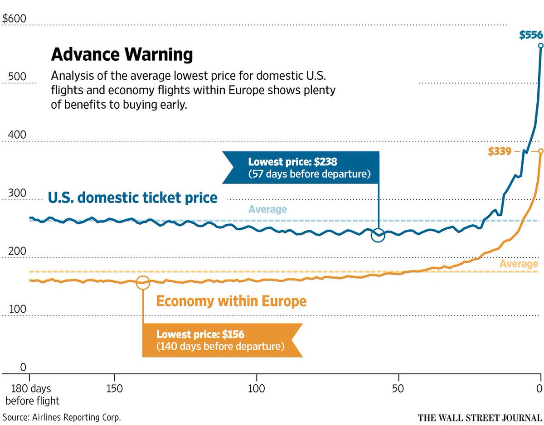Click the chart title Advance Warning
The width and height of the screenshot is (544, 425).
click(122, 55)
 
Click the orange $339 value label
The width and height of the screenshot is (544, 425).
click(500, 151)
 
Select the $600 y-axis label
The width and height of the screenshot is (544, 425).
click(15, 19)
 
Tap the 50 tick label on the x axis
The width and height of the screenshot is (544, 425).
click(398, 389)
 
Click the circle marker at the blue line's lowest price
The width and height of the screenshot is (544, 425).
click(378, 236)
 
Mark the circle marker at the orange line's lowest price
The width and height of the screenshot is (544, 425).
click(143, 282)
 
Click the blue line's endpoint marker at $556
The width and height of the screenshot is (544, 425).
click(540, 45)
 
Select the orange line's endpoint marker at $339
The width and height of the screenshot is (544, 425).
click(540, 151)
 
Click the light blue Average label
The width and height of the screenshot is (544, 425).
click(267, 209)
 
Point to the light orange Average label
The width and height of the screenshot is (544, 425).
click(519, 264)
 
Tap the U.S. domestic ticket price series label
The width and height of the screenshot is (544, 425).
click(133, 198)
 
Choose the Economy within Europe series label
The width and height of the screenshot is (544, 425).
click(231, 301)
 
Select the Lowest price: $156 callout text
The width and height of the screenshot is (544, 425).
click(200, 335)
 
